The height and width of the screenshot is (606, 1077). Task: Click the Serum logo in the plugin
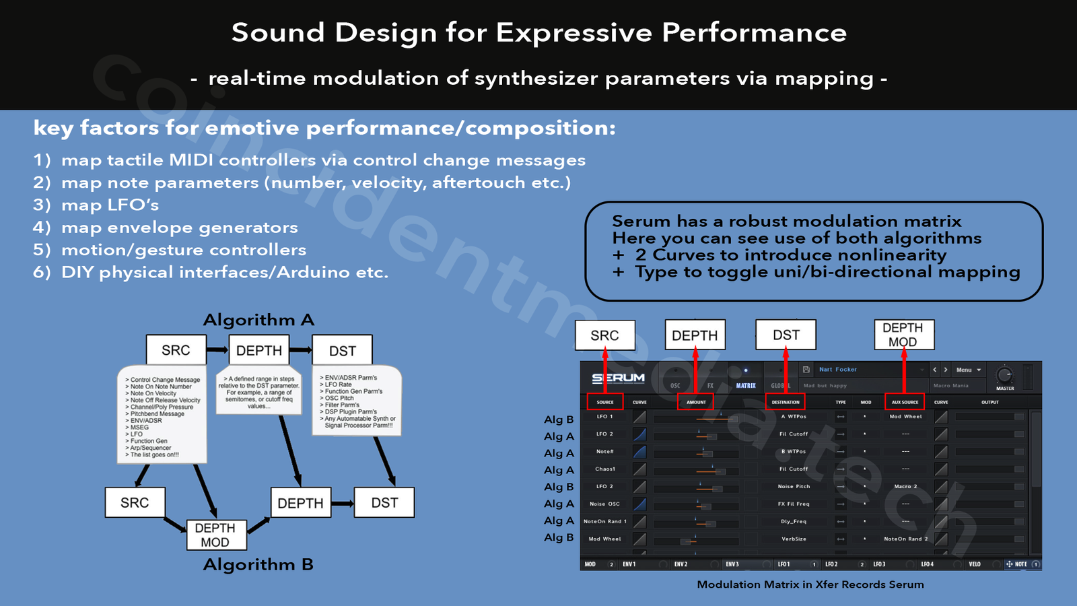coord(618,378)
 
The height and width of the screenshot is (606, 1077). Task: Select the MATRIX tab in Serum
coord(746,386)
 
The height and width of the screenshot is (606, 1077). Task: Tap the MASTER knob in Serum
coord(1004,375)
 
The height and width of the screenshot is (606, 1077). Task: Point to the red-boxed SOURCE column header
coord(605,402)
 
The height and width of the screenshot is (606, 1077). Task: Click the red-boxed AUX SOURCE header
coord(905,402)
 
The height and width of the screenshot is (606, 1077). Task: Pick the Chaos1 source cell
coord(605,469)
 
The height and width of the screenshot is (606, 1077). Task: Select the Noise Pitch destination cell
coord(794,486)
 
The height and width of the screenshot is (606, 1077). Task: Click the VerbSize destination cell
coord(794,539)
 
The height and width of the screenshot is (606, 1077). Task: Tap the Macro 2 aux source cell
coord(905,486)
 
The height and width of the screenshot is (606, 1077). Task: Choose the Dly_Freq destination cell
coord(794,521)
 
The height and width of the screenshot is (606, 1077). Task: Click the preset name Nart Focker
coord(838,370)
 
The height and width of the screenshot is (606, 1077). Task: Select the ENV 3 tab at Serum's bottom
coord(732,564)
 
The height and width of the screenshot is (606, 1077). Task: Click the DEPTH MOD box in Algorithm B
coord(215,535)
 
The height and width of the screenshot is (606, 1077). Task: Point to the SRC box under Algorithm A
coord(176,350)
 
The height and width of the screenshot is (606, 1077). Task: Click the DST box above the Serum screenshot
coord(786,335)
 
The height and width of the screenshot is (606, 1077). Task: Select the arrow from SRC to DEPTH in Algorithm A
coord(217,350)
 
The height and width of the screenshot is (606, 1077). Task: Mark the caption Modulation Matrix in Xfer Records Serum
coord(810,584)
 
